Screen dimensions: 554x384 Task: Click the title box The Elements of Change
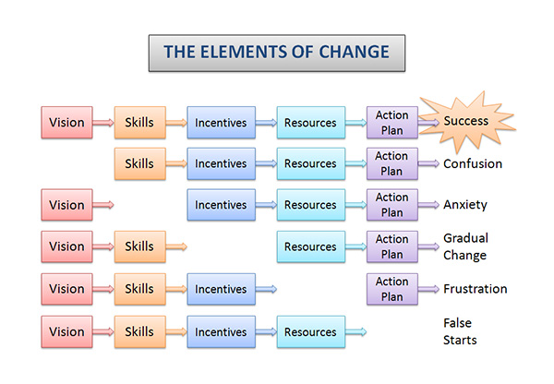point(277,53)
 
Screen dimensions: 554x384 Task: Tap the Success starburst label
point(466,121)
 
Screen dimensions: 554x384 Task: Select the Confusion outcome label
point(473,163)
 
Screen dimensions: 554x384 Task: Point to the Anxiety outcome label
point(465,205)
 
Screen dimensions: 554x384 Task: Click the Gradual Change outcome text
point(465,246)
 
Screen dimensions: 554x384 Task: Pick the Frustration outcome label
point(476,289)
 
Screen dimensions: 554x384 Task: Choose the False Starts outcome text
point(460,331)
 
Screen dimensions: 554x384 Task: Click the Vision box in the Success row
point(66,122)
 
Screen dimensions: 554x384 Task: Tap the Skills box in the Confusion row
point(140,163)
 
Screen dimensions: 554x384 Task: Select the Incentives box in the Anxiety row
point(222,205)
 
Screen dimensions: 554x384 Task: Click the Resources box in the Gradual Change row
point(311,246)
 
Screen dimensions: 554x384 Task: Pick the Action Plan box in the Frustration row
point(392,289)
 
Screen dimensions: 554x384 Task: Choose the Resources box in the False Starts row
point(311,331)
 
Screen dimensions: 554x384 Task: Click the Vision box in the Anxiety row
point(66,205)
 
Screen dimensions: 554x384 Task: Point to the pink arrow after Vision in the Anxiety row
point(103,205)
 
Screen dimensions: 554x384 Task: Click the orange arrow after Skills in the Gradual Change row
point(176,246)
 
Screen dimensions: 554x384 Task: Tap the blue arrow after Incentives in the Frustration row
point(266,289)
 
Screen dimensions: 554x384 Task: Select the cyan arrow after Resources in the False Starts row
point(355,331)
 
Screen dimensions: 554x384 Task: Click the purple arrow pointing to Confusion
point(428,163)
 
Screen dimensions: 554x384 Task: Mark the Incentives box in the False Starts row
point(222,331)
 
